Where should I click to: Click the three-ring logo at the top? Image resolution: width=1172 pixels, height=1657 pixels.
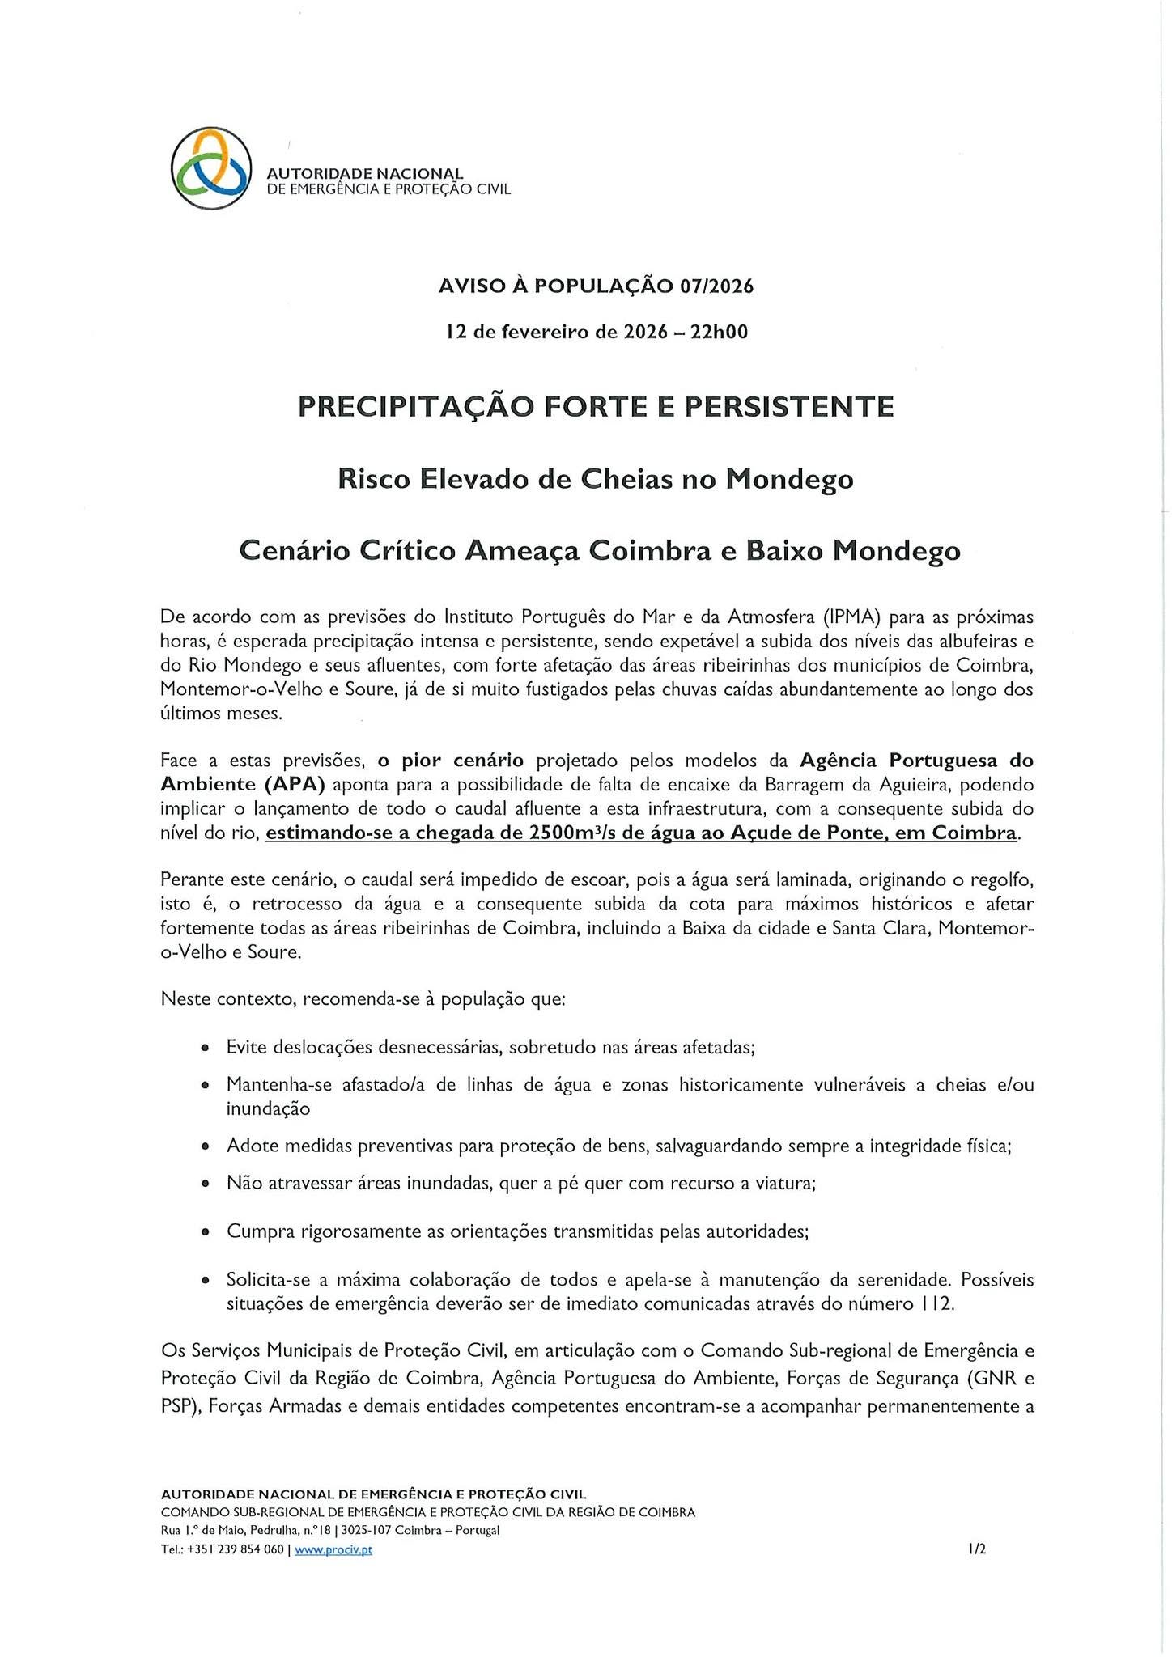209,167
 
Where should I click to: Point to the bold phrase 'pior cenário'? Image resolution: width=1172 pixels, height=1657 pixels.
451,760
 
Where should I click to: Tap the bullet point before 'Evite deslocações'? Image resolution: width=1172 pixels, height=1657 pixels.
206,1048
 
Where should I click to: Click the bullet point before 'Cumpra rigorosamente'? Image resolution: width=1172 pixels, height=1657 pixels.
206,1232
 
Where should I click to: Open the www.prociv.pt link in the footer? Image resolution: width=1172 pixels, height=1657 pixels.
333,1549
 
